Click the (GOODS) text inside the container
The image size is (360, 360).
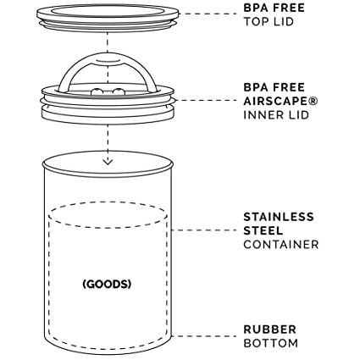point(107,284)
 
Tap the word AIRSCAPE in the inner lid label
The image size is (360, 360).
point(275,101)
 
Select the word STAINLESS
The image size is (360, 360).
point(279,217)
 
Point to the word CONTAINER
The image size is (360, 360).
point(281,245)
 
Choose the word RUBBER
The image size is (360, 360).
point(270,330)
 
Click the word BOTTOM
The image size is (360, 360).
point(271,343)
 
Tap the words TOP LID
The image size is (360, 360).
point(269,22)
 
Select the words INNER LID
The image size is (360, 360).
point(276,115)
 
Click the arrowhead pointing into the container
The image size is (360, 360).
point(108,162)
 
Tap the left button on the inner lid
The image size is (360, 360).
point(96,91)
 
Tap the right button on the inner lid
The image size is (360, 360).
point(118,91)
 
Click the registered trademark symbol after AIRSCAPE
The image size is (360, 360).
point(313,101)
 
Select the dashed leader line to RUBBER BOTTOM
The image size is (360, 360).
point(204,336)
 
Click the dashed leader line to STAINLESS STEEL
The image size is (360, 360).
point(204,230)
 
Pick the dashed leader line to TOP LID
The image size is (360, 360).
point(208,14)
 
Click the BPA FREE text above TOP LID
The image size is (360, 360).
point(274,8)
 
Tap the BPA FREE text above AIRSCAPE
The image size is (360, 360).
point(274,87)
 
